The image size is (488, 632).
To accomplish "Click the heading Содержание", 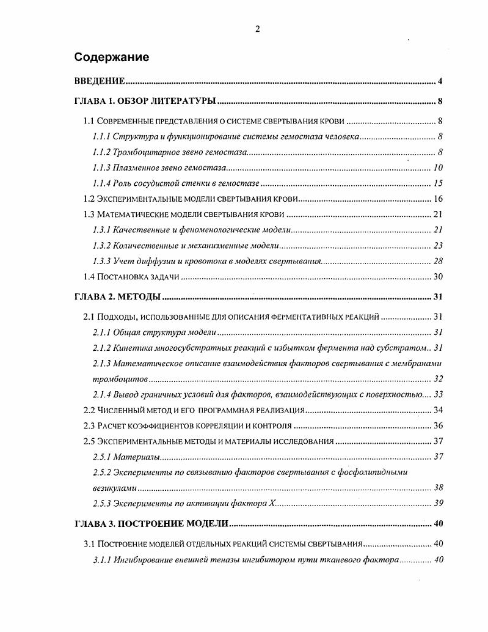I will pyautogui.click(x=112, y=57).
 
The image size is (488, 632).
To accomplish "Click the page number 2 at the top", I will pyautogui.click(x=257, y=29).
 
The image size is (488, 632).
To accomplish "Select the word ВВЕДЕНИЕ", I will pyautogui.click(x=100, y=81).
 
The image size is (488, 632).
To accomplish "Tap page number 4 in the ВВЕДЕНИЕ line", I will pyautogui.click(x=440, y=81).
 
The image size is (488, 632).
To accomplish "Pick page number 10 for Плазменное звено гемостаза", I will pyautogui.click(x=438, y=168).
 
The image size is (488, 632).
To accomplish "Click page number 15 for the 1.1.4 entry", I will pyautogui.click(x=438, y=183).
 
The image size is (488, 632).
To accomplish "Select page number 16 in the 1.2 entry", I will pyautogui.click(x=438, y=199).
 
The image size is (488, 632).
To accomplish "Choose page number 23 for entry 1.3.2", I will pyautogui.click(x=438, y=246).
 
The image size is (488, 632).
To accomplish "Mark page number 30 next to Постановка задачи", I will pyautogui.click(x=438, y=277).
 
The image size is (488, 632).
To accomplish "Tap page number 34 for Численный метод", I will pyautogui.click(x=438, y=410).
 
